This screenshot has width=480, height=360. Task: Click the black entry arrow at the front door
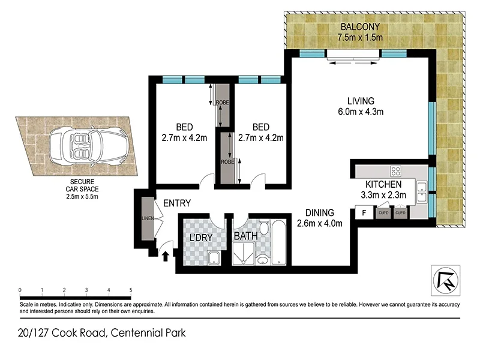[166, 256]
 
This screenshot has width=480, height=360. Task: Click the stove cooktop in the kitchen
[396, 170]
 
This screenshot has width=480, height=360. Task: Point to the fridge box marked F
[363, 212]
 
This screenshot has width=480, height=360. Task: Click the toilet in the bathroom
[263, 257]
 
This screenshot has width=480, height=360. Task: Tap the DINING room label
[319, 213]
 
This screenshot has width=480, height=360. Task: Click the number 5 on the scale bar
[131, 290]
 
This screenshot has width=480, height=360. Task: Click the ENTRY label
[176, 203]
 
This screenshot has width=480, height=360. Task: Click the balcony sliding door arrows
[353, 61]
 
